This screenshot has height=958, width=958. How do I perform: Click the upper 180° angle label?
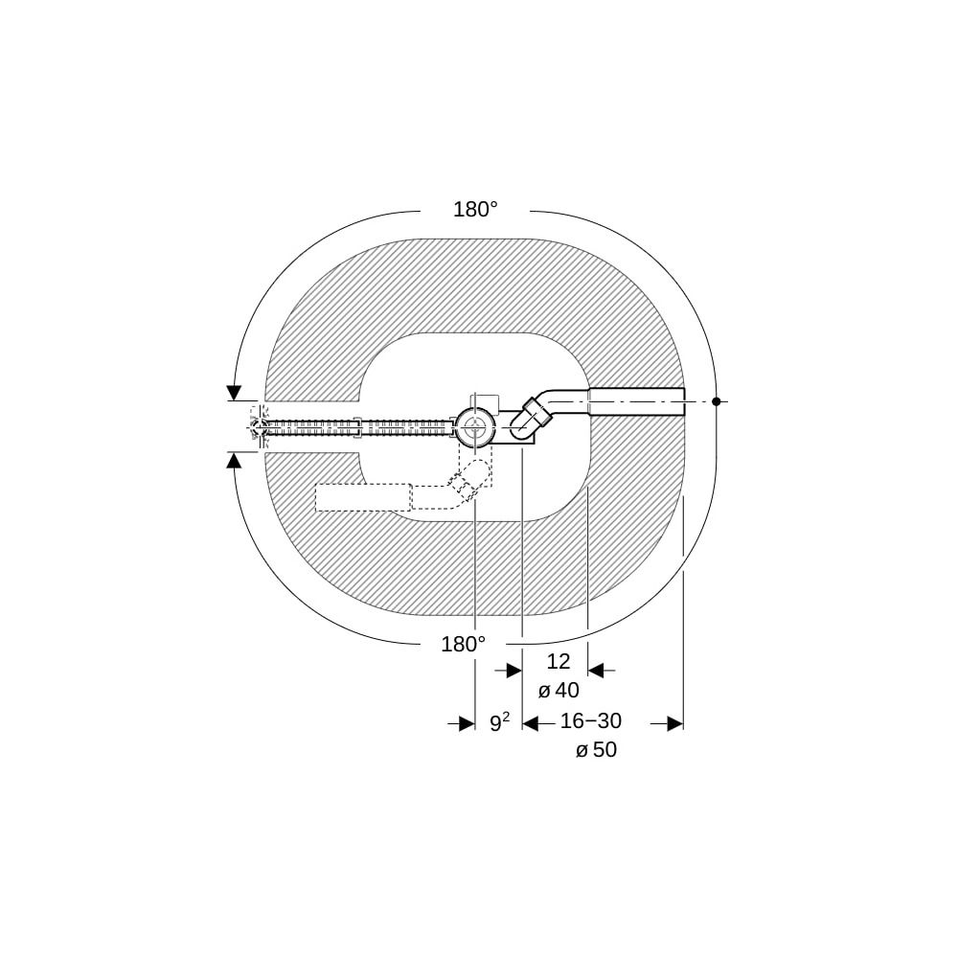coord(475,210)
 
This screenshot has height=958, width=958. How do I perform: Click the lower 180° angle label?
coord(463,644)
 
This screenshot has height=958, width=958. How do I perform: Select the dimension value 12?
coord(558,661)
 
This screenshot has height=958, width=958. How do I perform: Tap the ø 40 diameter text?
coord(559,691)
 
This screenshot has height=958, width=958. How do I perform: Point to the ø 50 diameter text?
coord(596,750)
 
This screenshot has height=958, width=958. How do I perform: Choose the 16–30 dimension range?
coord(591,721)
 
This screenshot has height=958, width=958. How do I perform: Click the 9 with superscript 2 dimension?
coord(500,722)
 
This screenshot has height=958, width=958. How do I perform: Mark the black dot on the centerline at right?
coord(717,401)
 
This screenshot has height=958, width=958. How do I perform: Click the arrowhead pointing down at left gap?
coord(234,393)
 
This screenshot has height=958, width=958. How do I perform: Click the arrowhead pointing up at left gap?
coord(234,460)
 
